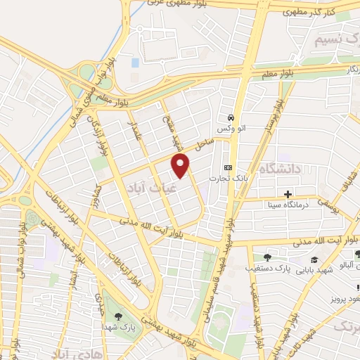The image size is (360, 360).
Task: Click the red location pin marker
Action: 181,165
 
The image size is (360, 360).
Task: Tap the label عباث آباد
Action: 148,185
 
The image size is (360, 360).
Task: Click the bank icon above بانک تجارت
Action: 228,167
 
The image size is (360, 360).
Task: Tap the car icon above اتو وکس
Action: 230,117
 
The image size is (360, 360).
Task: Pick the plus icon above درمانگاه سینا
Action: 288,193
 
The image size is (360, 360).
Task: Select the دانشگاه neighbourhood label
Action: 280,169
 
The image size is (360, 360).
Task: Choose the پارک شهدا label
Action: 117,327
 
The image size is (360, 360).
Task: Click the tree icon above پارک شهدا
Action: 117,316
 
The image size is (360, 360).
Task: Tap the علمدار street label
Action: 133,130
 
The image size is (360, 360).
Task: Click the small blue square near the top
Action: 135,63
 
